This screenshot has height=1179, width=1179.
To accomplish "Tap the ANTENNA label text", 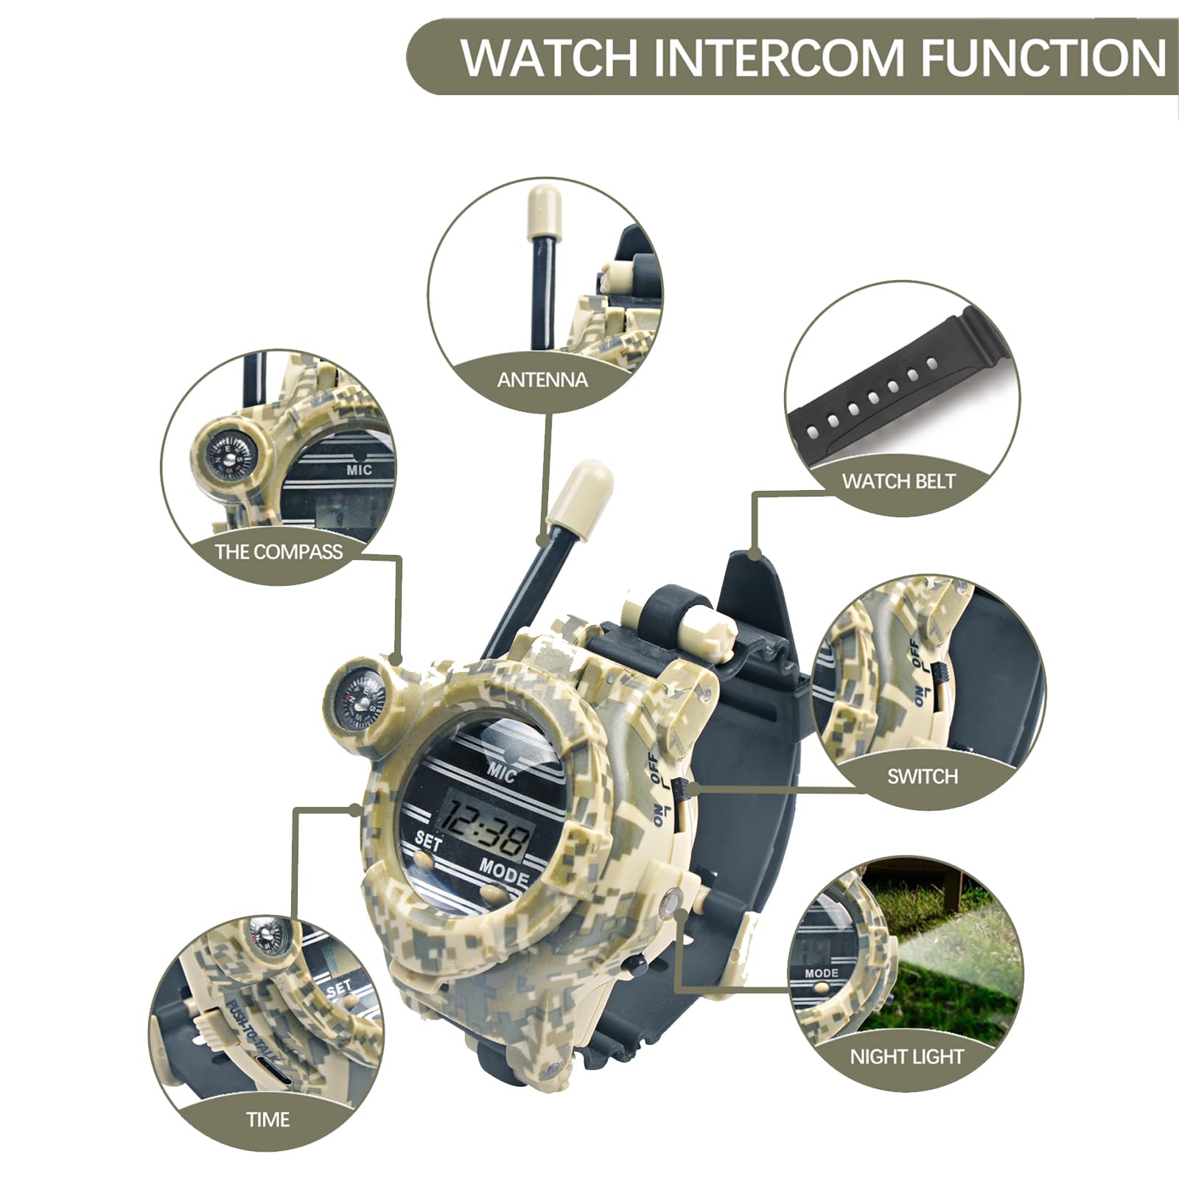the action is click(542, 380).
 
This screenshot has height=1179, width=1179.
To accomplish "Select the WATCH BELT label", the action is click(898, 481).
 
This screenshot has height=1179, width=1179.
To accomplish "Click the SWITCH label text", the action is click(923, 776).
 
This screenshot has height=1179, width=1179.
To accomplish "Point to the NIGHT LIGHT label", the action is click(906, 1057).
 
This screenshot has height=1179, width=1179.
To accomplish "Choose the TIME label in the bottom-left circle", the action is click(267, 1119).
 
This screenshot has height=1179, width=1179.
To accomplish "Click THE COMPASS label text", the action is click(279, 551).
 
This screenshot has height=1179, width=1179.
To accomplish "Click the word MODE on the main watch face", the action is click(505, 872).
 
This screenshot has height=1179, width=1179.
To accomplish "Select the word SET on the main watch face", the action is click(429, 841).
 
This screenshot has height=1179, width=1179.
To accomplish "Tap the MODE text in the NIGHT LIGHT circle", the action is click(821, 973).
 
